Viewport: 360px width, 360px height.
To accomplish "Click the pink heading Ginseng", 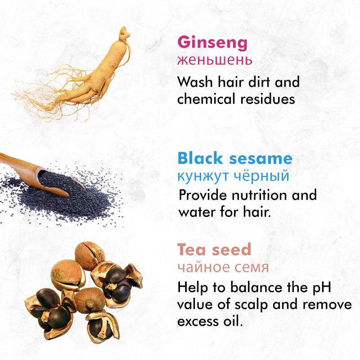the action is (212, 43).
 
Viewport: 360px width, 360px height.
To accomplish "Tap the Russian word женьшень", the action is (215, 60).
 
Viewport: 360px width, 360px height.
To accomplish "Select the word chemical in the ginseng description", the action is (206, 99).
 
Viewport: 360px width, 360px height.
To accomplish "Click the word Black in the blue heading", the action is (200, 158).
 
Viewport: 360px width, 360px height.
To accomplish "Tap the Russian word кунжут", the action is (203, 176).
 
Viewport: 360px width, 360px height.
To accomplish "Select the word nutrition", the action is (259, 195).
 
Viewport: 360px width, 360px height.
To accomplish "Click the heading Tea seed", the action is (214, 249).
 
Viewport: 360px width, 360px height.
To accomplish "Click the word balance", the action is (256, 287).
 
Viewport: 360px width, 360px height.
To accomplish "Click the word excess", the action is (198, 322).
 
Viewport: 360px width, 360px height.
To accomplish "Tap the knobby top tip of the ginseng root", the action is (125, 31).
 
